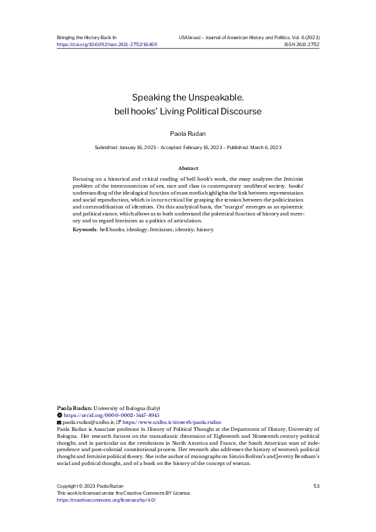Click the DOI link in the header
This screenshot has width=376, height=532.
[107, 45]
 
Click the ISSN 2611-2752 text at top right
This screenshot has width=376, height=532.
[301, 45]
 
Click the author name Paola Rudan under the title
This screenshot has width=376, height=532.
[188, 134]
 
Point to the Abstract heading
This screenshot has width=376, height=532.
[188, 168]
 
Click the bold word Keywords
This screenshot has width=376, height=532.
[85, 229]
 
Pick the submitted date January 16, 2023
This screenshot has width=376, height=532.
[136, 147]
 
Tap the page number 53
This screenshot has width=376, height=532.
[316, 485]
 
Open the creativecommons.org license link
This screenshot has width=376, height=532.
[106, 500]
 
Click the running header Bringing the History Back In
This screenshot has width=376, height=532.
[87, 38]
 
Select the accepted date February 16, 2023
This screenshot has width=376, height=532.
[200, 147]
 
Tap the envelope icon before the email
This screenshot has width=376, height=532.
[59, 422]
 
